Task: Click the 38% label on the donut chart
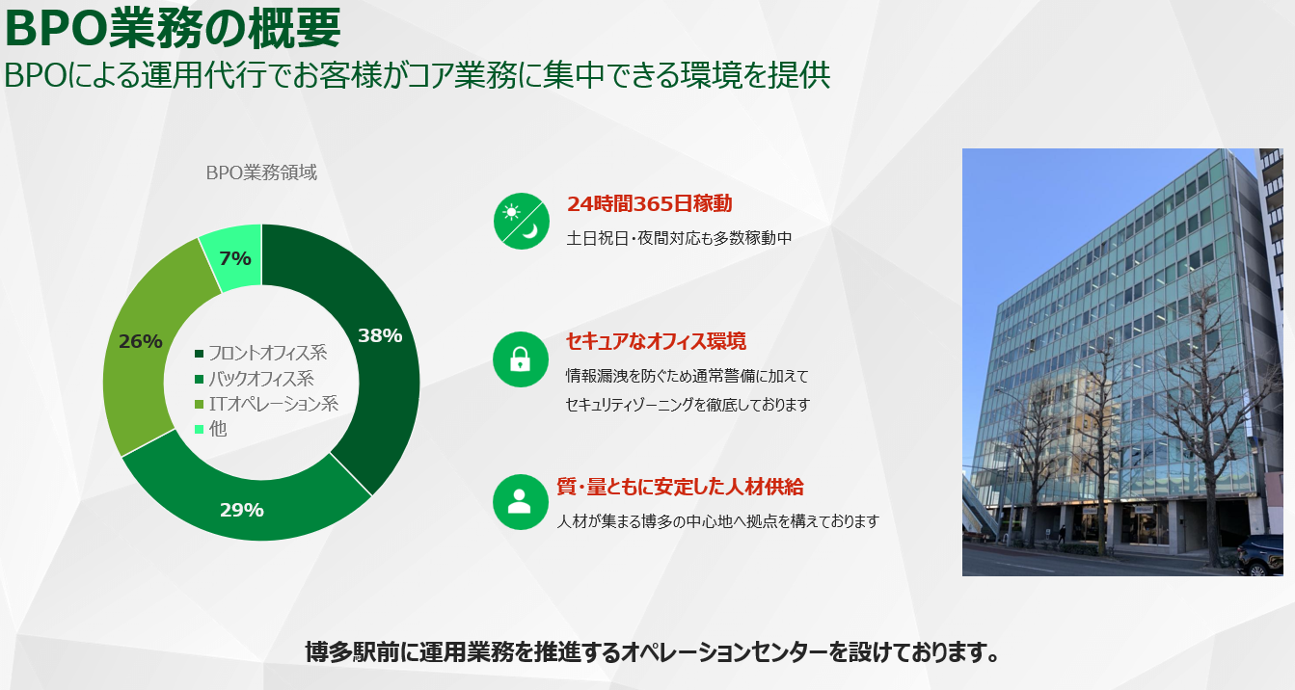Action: [380, 335]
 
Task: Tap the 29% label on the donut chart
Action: [241, 510]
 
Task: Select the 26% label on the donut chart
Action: [140, 341]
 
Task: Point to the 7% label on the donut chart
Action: [235, 258]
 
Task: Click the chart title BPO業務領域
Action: [261, 173]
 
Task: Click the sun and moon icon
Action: [521, 221]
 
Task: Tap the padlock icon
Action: [521, 359]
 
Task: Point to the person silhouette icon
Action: [521, 501]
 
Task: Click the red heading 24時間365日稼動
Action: [649, 203]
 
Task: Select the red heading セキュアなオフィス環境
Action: [656, 341]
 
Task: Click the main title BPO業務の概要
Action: [173, 29]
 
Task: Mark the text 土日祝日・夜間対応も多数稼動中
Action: [679, 237]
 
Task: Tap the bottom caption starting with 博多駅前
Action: [651, 652]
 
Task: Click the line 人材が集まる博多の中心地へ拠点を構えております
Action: [718, 521]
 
